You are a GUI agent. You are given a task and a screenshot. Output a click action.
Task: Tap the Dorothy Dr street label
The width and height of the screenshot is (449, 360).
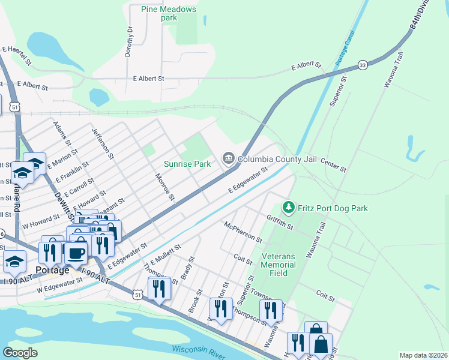pyautogui.click(x=129, y=41)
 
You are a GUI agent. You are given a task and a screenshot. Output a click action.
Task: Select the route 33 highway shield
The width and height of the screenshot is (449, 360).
pyautogui.click(x=362, y=65)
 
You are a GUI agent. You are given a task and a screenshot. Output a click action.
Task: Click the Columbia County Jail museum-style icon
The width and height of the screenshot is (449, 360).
pyautogui.click(x=228, y=159)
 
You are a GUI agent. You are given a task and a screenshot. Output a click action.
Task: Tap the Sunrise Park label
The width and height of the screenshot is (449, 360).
pyautogui.click(x=188, y=163)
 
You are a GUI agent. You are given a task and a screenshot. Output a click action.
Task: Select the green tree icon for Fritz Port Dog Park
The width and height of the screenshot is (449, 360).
pyautogui.click(x=289, y=208)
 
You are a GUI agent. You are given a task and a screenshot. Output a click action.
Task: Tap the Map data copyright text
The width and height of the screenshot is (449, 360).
pyautogui.click(x=424, y=355)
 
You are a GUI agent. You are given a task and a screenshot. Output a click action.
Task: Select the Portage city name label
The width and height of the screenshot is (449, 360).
pyautogui.click(x=52, y=270)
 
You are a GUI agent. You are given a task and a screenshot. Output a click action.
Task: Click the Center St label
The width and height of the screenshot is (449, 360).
pyautogui.click(x=334, y=166)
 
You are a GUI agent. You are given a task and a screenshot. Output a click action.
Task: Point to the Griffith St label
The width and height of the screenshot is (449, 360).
pyautogui.click(x=280, y=223)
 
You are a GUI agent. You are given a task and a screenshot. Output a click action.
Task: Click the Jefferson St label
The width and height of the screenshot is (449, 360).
pyautogui.click(x=103, y=143)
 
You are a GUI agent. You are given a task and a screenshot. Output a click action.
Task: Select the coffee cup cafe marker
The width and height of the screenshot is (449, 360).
pyautogui.click(x=75, y=252)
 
